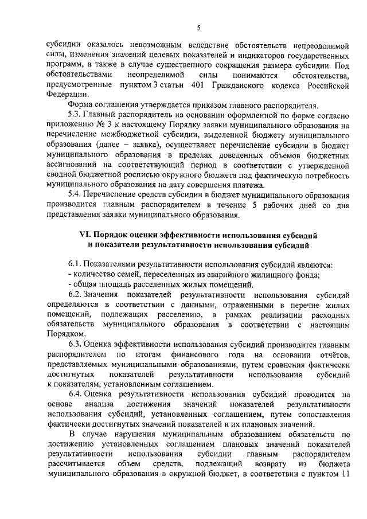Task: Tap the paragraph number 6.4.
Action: coord(76,395)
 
